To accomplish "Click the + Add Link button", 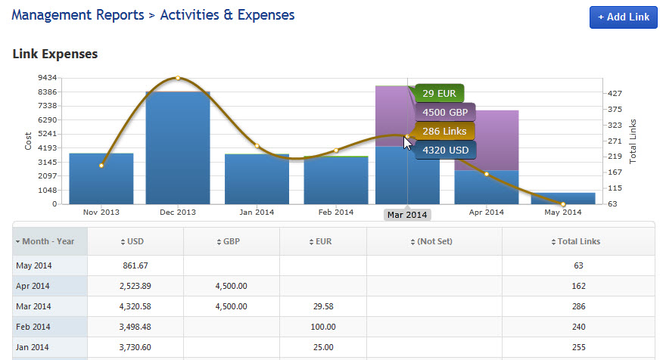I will (x=623, y=17).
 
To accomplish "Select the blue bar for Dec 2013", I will (x=178, y=147).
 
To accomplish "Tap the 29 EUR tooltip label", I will (x=439, y=94).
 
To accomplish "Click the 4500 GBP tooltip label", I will (x=445, y=113).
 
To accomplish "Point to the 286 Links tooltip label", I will (x=444, y=132).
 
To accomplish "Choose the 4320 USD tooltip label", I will (x=444, y=150).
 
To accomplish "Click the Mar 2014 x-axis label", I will (x=407, y=215).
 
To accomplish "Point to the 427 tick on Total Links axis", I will (x=615, y=93).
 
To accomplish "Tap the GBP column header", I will (x=232, y=241).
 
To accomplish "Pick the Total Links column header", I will (x=576, y=241).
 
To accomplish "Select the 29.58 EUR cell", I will (x=322, y=306).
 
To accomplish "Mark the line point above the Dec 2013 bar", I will (x=178, y=78).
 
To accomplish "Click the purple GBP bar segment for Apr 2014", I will (x=486, y=140).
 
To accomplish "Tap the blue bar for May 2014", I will (x=562, y=198).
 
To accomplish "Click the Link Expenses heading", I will (x=55, y=54).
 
